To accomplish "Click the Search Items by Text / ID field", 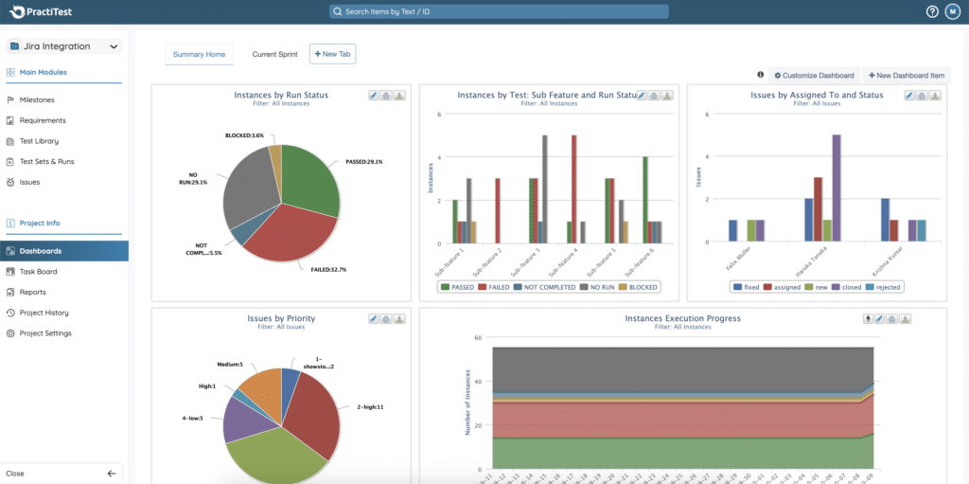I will click(x=499, y=11).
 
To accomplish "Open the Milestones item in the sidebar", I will click(x=37, y=99).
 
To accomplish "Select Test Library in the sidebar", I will click(x=39, y=141).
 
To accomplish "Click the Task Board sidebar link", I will click(x=39, y=272).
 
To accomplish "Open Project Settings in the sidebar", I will click(x=45, y=333).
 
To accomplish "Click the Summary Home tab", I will click(x=199, y=54).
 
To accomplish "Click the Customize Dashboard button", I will click(x=814, y=75).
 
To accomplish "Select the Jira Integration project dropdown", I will click(x=64, y=45).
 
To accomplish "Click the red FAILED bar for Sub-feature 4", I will click(x=573, y=189).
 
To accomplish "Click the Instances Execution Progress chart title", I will click(x=682, y=318).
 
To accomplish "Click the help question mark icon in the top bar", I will click(x=932, y=11).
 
